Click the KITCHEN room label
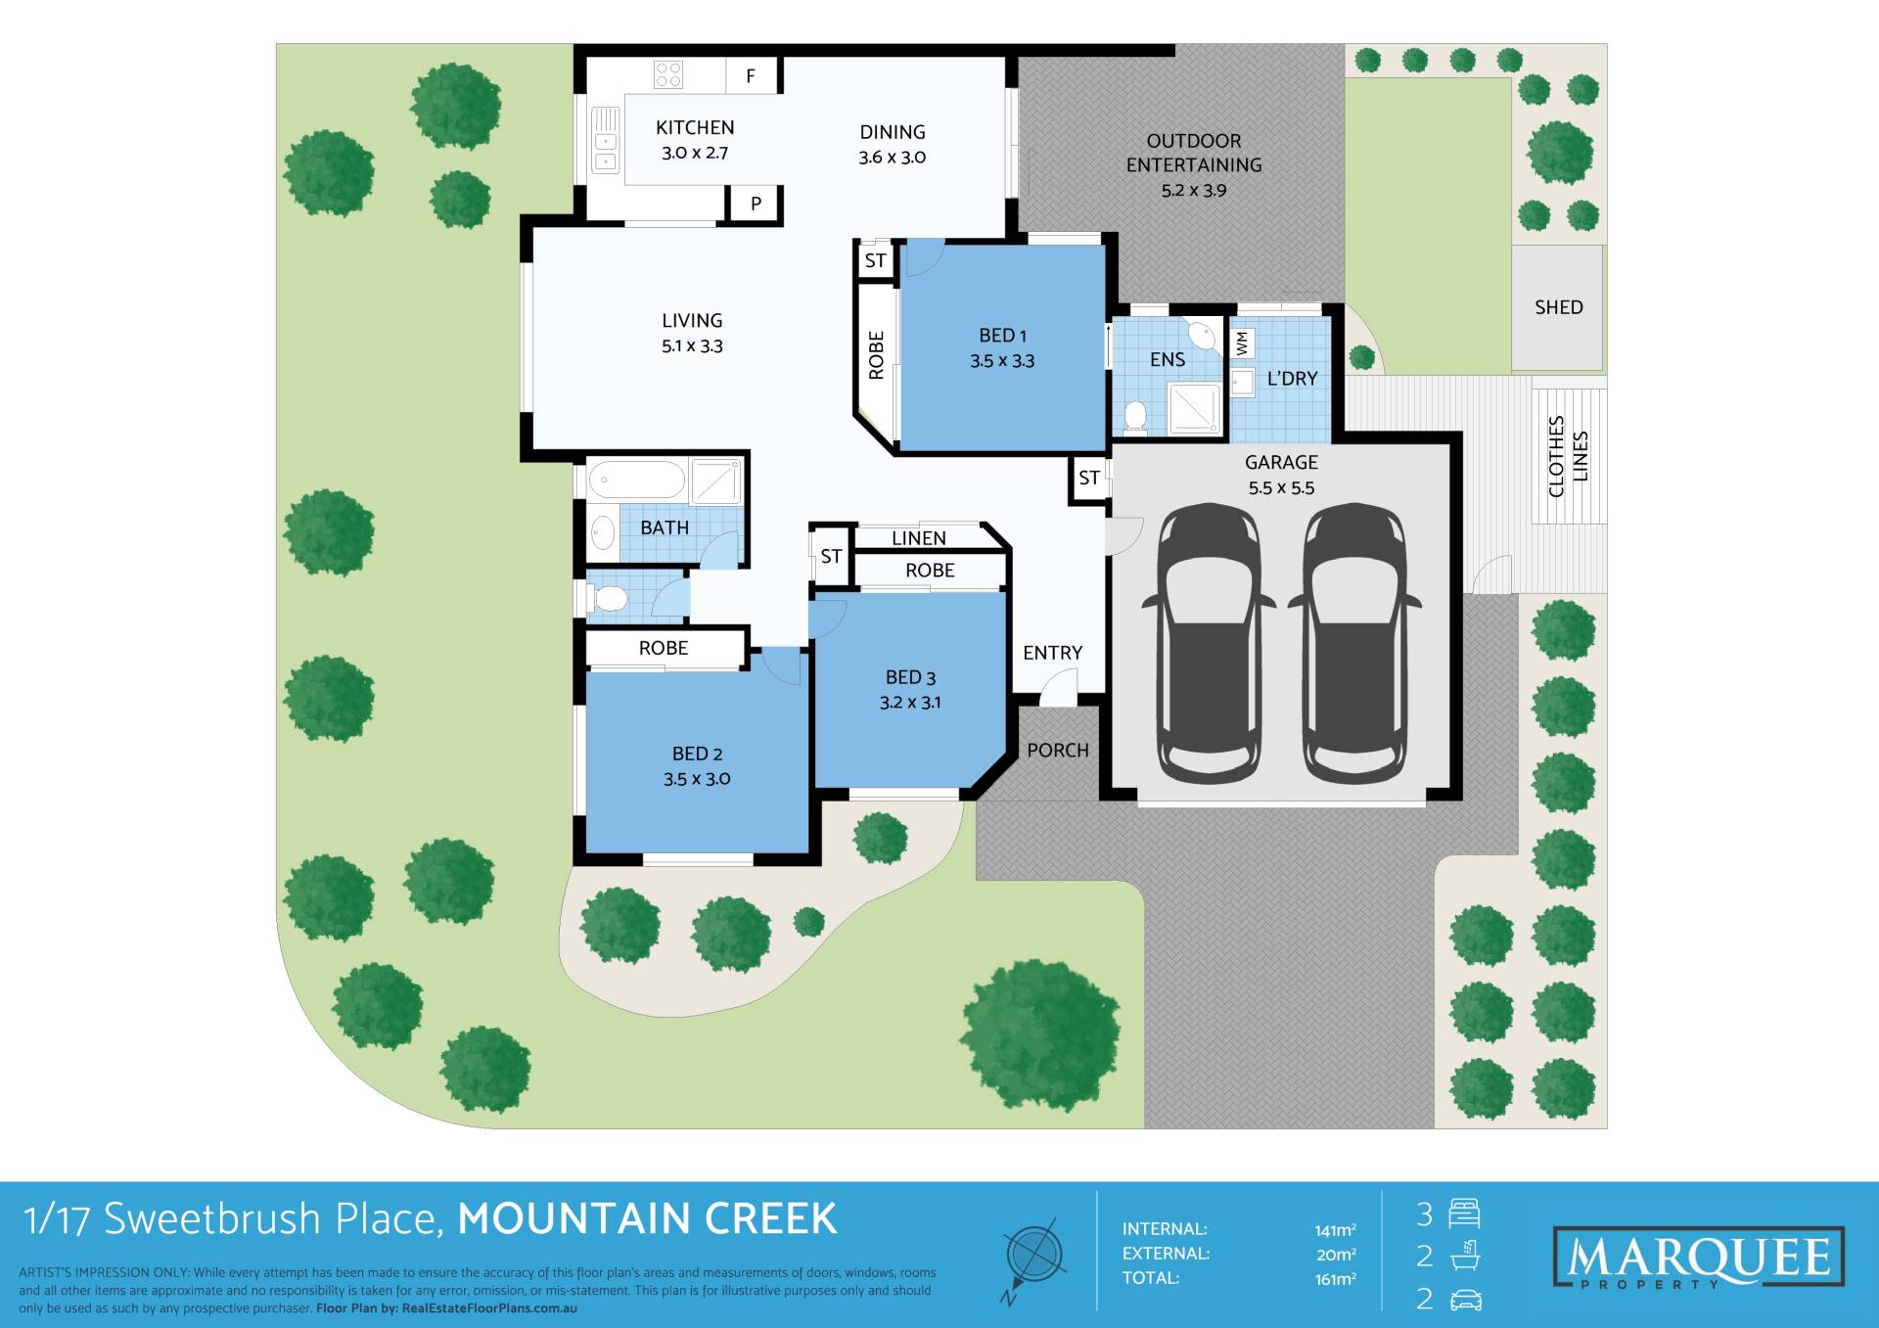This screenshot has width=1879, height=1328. pos(695,128)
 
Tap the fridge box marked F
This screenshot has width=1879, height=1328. pos(752,75)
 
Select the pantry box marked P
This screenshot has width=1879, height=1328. pos(755,204)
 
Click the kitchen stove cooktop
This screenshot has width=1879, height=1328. pos(668,74)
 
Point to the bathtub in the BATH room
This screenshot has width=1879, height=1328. pos(637,480)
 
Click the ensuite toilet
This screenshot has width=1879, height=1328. pos(1135,416)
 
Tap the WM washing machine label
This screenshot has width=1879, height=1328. pos(1242,343)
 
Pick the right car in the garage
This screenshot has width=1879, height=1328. pos(1354,643)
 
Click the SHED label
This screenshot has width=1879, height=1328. pos(1558,307)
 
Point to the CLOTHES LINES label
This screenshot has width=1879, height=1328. pos(1568,456)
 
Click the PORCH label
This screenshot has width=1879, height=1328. pos(1058,751)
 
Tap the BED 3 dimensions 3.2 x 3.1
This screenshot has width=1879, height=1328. pos(910,703)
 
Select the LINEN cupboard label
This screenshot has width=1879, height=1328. pos(919,538)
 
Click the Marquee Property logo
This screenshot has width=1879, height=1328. pos(1699,1259)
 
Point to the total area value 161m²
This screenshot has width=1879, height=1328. pos(1335,1279)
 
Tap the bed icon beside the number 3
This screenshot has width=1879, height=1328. pos(1464,1214)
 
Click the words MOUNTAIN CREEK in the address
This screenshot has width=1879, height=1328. pos(648,1219)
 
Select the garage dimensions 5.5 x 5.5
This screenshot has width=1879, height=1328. pos(1281,488)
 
